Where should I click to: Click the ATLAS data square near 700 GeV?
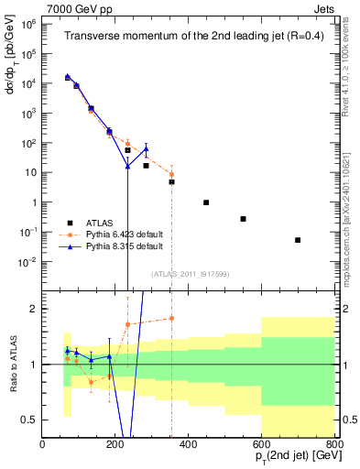pyautogui.click(x=298, y=240)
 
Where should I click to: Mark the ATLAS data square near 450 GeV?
pyautogui.click(x=206, y=202)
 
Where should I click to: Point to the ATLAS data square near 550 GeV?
pyautogui.click(x=243, y=219)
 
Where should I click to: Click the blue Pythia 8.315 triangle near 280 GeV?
pyautogui.click(x=146, y=148)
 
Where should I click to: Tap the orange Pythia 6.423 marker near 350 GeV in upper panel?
pyautogui.click(x=171, y=174)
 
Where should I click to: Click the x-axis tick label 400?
pyautogui.click(x=189, y=445)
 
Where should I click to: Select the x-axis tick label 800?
pyautogui.click(x=333, y=445)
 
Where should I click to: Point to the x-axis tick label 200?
pyautogui.click(x=115, y=445)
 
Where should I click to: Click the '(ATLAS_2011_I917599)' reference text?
pyautogui.click(x=189, y=273)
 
